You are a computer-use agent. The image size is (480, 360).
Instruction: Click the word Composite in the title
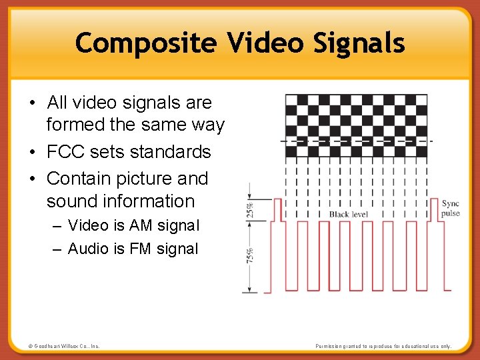(146, 43)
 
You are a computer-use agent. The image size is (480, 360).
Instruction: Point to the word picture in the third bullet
(142, 179)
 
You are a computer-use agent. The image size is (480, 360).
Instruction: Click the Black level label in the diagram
(349, 214)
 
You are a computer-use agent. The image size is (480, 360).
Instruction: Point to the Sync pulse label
(451, 208)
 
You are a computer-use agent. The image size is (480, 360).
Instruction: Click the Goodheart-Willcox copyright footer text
(64, 346)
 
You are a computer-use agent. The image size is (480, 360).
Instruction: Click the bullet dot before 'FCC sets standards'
(32, 153)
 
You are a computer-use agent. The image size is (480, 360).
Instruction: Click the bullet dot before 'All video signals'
(32, 103)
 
